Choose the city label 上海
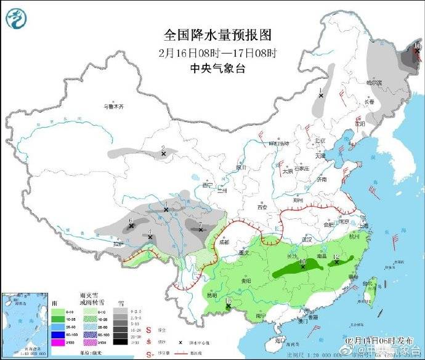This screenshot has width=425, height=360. pos(363,226)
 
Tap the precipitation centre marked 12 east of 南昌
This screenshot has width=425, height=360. pos(336,261)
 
